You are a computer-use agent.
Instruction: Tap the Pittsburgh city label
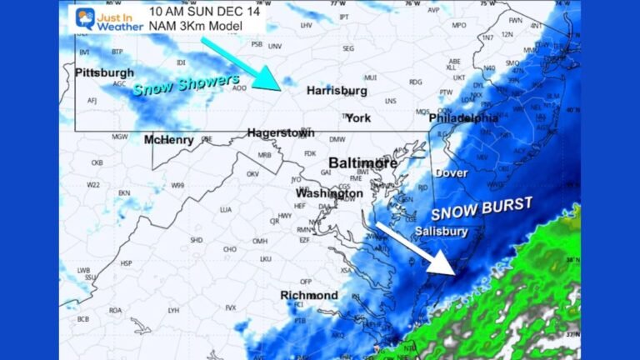tap(104, 72)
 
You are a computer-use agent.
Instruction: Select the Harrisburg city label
tap(337, 89)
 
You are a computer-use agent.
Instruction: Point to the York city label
tap(358, 117)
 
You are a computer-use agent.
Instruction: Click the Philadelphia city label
tap(463, 118)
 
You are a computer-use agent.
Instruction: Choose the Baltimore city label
tap(362, 162)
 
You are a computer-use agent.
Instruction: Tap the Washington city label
tap(329, 193)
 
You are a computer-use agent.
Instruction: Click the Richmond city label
tap(308, 296)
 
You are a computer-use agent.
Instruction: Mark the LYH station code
tap(173, 310)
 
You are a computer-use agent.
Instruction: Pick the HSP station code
tap(126, 263)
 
